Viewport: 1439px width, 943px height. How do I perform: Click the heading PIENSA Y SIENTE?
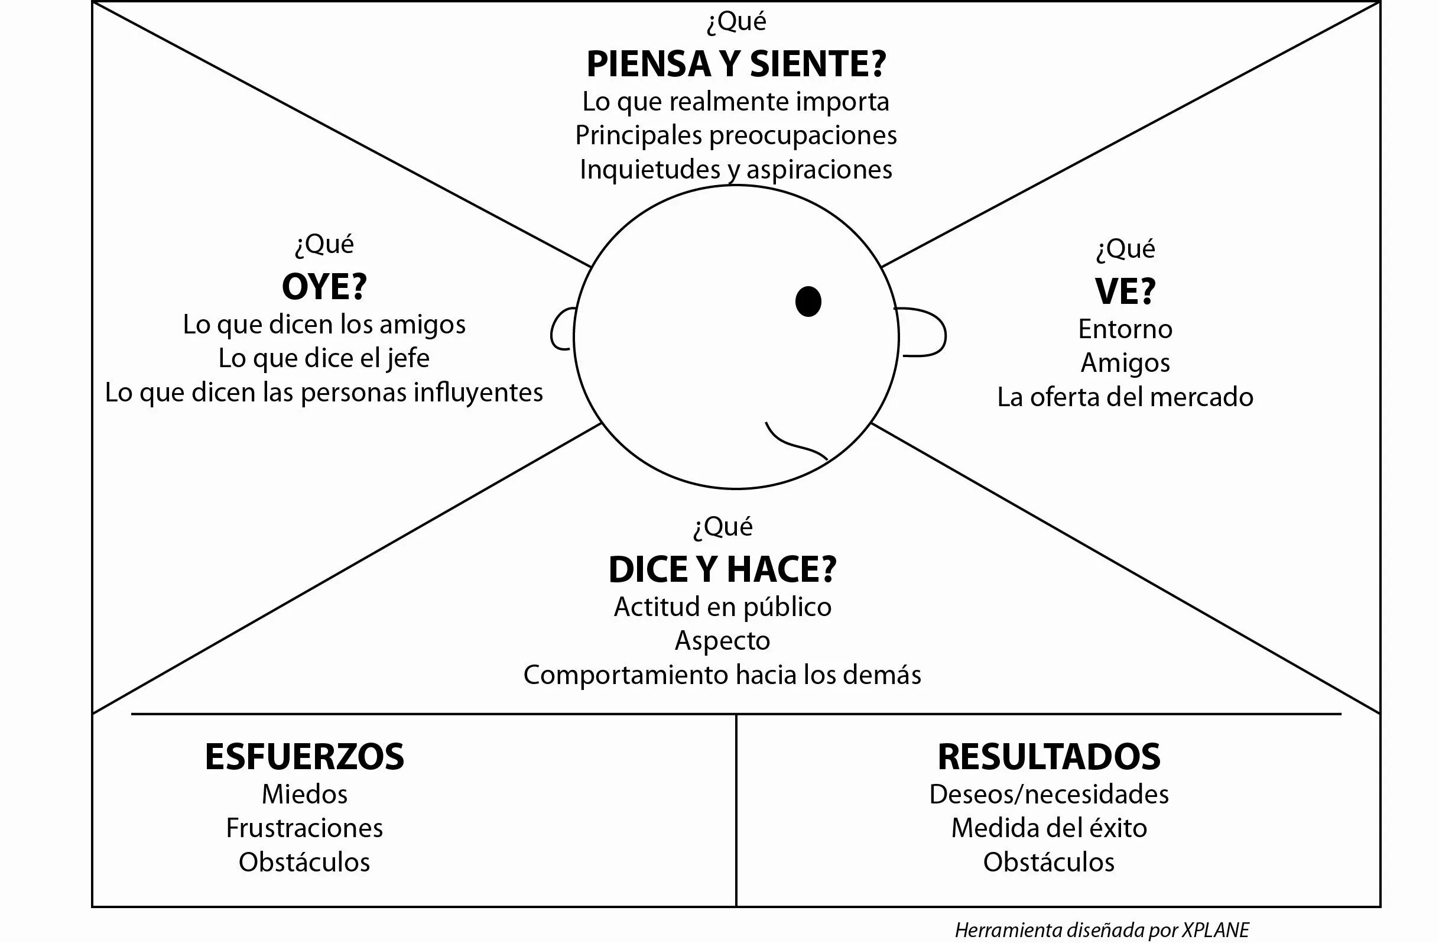(736, 64)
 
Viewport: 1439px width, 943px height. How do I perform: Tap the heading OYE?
(324, 287)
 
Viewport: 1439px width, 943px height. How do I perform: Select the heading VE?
(1125, 291)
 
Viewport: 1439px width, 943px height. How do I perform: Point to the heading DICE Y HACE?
(723, 570)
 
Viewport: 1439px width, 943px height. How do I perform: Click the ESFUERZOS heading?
(304, 757)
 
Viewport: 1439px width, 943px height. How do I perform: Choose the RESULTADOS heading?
(1049, 757)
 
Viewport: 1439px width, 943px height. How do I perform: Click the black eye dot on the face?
(808, 301)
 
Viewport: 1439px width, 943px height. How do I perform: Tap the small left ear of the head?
(560, 330)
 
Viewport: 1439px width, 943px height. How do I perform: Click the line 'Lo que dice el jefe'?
(324, 359)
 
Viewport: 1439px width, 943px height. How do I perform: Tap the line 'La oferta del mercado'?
(1125, 397)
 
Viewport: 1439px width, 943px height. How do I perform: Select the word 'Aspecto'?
(723, 641)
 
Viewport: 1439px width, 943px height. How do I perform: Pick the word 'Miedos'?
(304, 794)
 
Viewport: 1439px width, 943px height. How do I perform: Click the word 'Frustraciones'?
(304, 828)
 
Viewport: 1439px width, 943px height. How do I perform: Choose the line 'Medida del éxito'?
(1049, 828)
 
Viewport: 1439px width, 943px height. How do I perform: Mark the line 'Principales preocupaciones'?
(736, 135)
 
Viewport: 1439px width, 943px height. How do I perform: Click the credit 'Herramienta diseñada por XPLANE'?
(1102, 929)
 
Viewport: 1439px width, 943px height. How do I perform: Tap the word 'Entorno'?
(1125, 330)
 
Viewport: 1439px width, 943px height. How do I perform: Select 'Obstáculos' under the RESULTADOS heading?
(1049, 863)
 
